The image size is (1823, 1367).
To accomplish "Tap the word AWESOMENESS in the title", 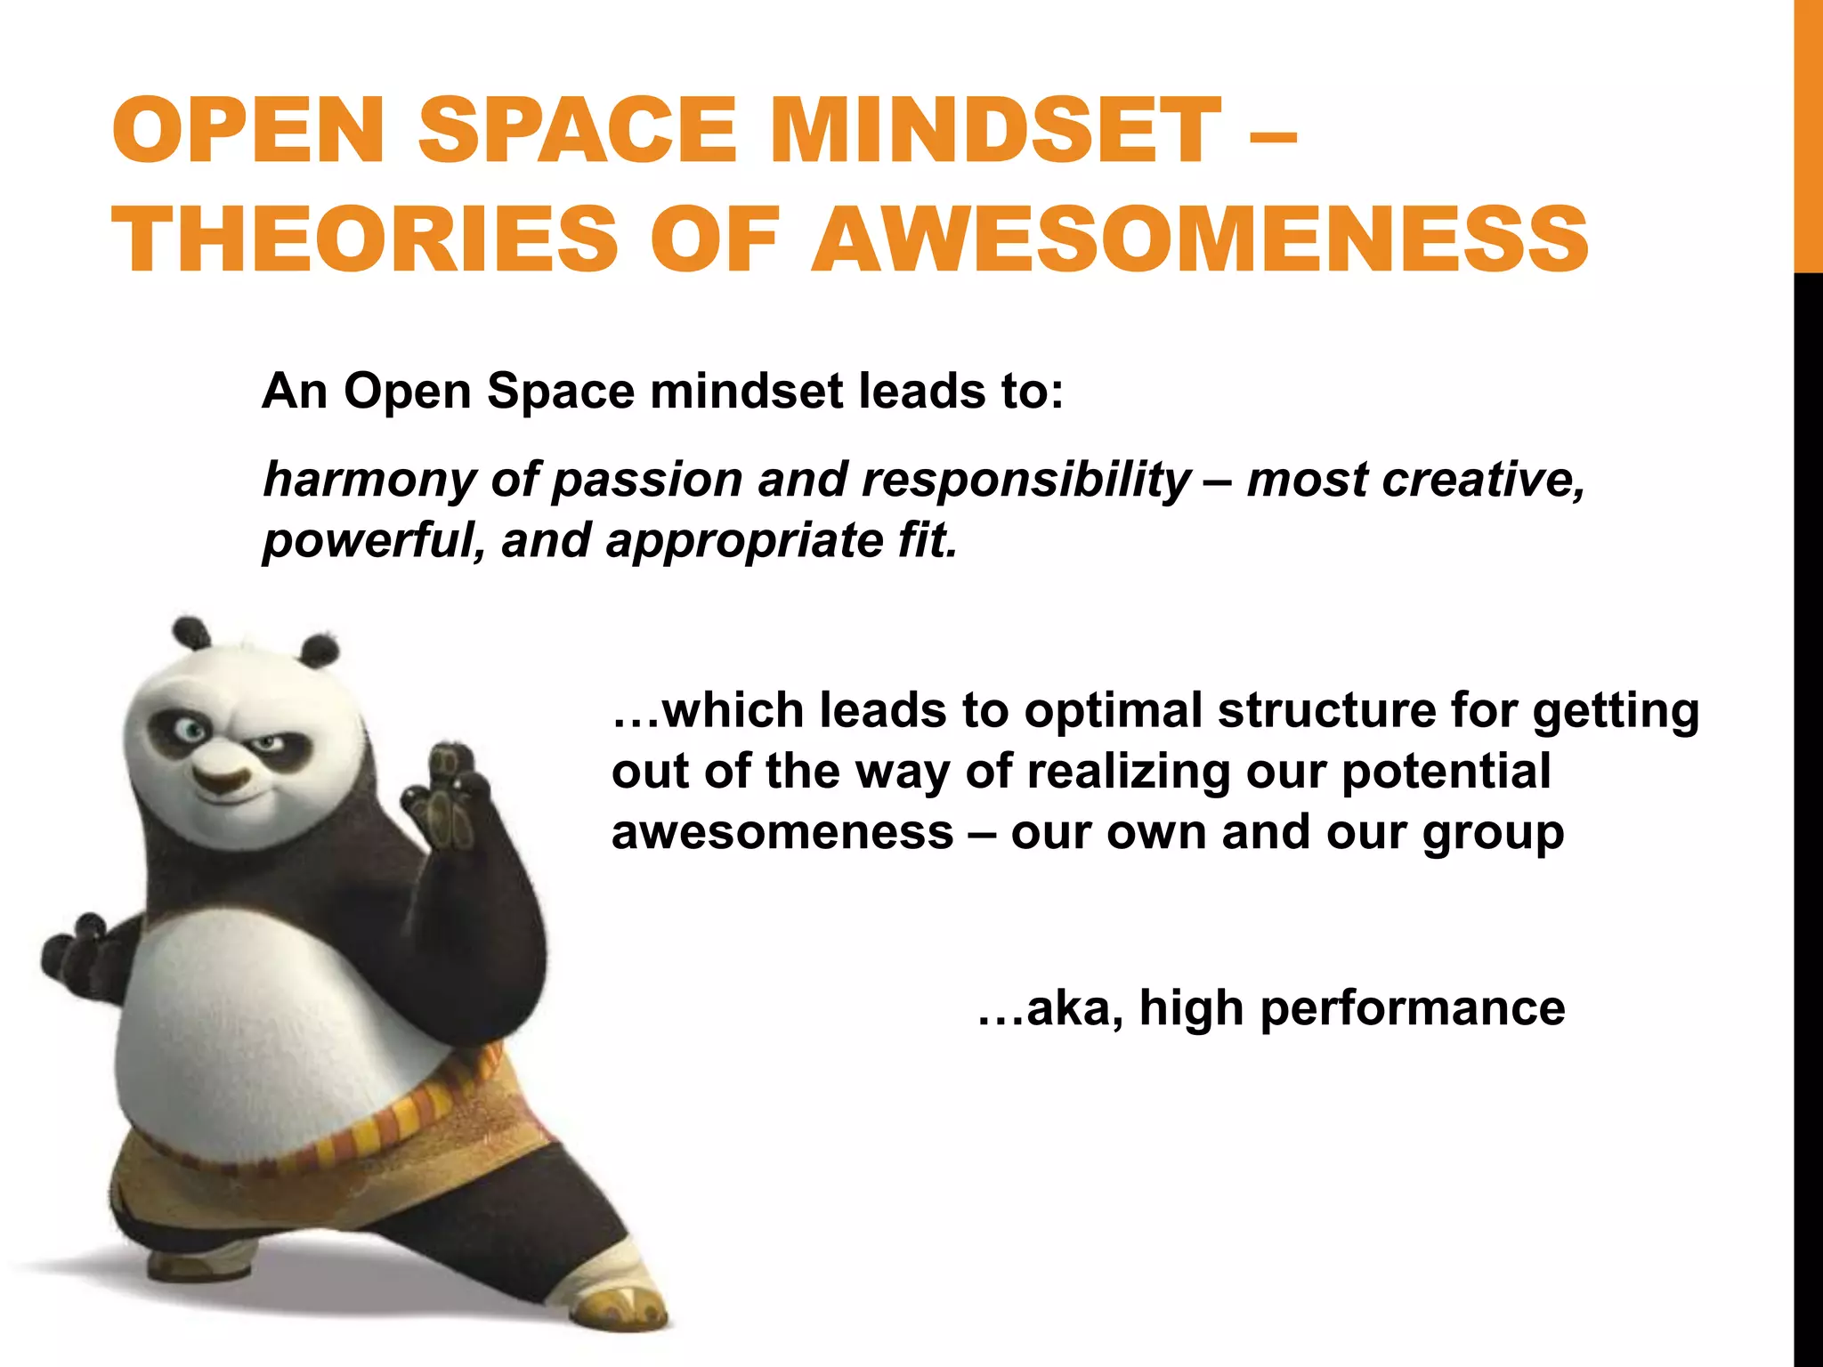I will pyautogui.click(x=1200, y=239).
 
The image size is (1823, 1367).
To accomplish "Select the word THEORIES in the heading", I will pyautogui.click(x=365, y=239).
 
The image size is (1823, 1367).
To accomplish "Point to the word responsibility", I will pyautogui.click(x=1025, y=481).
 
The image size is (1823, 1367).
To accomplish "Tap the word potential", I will pyautogui.click(x=1446, y=772).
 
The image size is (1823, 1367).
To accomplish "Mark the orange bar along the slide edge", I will pyautogui.click(x=1808, y=133).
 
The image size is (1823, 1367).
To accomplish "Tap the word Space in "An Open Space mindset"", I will pyautogui.click(x=561, y=392).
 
